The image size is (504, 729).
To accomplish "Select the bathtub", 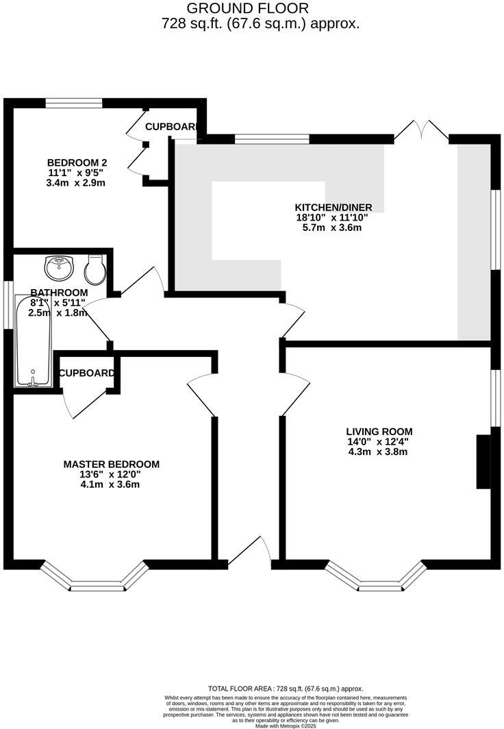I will coord(33,341).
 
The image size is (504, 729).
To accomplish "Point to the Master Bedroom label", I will coord(111,464).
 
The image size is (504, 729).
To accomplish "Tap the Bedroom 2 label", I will coord(77,162).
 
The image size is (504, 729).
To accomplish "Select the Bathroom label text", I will coord(59,293).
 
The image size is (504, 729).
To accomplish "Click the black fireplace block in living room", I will coord(483,461).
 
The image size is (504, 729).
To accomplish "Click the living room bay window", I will coord(375,578).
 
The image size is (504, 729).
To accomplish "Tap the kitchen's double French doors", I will coord(421,130).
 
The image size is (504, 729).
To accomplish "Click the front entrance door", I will coord(250,552).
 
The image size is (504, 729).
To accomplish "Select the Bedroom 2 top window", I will coord(74,103).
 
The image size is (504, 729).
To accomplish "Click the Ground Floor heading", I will coord(248,8).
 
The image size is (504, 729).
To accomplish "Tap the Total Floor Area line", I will coord(285,688).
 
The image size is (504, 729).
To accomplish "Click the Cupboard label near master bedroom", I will coord(86,373).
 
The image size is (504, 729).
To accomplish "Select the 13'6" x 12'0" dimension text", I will coord(111,474).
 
